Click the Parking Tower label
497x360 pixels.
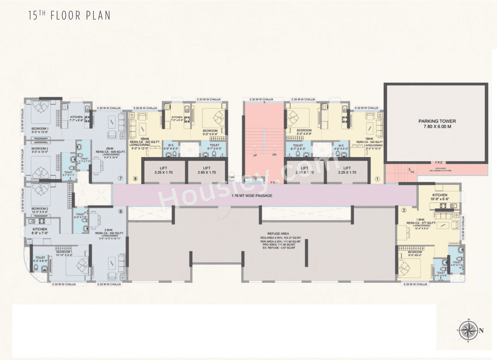(x=437, y=124)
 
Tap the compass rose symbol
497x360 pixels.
(x=469, y=330)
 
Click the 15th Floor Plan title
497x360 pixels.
(x=70, y=16)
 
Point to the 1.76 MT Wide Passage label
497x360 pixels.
(x=252, y=196)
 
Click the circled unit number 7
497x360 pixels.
(x=121, y=179)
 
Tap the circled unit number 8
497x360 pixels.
(x=136, y=179)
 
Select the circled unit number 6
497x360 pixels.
(x=121, y=211)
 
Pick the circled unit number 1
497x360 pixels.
(x=377, y=179)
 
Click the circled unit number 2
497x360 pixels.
(x=404, y=211)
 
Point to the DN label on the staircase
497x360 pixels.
(x=274, y=155)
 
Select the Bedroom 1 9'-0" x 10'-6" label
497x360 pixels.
(x=40, y=130)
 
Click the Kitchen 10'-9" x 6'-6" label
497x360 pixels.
(x=440, y=197)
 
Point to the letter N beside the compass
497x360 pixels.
(x=481, y=331)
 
